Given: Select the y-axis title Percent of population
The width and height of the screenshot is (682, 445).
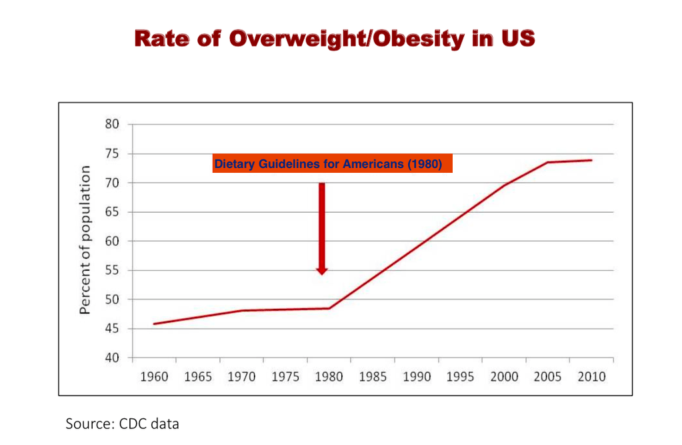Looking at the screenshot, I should (85, 240).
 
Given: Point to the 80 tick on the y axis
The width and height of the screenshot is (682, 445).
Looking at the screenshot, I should (112, 125).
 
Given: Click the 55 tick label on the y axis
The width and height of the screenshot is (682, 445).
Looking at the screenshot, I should (112, 270).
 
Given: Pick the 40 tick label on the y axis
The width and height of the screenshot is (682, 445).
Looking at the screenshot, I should (112, 358).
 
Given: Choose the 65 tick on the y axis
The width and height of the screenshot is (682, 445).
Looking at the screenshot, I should (112, 212).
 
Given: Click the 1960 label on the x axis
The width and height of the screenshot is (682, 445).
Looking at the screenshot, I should (154, 377).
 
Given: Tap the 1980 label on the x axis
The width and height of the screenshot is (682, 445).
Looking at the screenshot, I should (329, 377).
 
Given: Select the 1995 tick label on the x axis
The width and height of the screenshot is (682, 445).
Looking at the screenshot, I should (460, 377).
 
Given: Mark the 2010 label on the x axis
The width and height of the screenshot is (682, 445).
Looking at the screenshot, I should (591, 377).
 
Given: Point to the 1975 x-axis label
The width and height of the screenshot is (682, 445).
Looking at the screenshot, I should (285, 377).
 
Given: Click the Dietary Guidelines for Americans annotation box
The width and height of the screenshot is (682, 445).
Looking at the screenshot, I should (332, 164).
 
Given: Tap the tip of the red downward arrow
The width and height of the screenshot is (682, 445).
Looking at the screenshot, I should (322, 274).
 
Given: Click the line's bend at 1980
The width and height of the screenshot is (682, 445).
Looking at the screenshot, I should (329, 308).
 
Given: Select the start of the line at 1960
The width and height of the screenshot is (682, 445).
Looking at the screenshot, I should (154, 324).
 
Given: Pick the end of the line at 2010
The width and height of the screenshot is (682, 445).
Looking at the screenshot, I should (591, 160).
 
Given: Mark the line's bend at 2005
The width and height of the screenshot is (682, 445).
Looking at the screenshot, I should (548, 162).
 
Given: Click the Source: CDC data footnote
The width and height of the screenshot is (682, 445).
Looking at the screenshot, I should (123, 424).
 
